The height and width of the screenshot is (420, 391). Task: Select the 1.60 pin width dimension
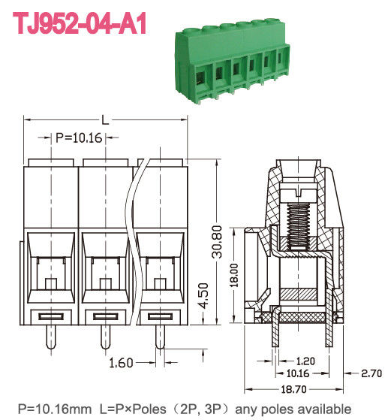pyautogui.click(x=122, y=363)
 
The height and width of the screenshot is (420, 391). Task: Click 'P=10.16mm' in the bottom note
pyautogui.click(x=50, y=409)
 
